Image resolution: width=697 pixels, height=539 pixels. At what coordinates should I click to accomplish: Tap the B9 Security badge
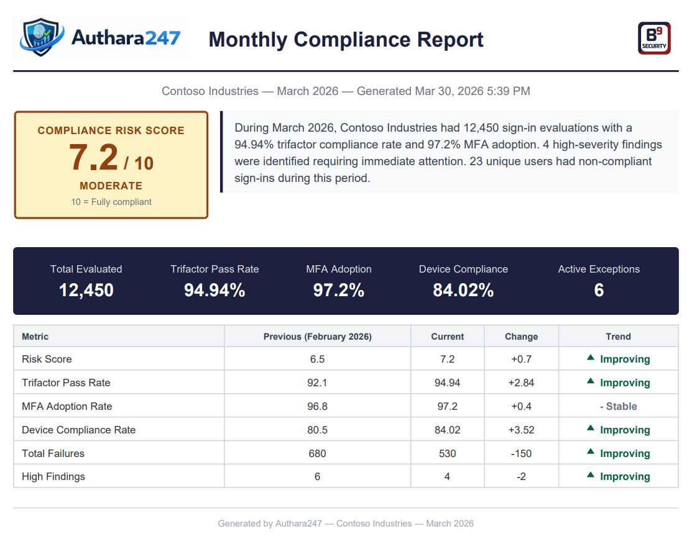[654, 38]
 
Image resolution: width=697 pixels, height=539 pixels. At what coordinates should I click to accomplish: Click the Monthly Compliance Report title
[346, 39]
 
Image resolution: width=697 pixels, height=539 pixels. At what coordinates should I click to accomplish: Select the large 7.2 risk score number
[93, 157]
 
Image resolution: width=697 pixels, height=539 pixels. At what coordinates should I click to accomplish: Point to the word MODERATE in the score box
[111, 186]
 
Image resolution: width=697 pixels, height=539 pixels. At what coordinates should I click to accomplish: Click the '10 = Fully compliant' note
[111, 202]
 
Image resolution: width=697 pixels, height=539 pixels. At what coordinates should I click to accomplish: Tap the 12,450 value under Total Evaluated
[86, 290]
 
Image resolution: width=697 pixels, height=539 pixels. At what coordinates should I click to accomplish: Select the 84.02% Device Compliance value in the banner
[463, 290]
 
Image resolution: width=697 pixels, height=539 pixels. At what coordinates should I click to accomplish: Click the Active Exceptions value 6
[599, 290]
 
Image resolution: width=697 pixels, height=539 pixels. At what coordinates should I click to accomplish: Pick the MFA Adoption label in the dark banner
[339, 269]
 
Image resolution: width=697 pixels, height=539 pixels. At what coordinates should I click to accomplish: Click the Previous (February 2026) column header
[317, 337]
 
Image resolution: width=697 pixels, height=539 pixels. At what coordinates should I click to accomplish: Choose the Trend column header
[618, 337]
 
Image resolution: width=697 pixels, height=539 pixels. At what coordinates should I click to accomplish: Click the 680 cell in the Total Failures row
[317, 453]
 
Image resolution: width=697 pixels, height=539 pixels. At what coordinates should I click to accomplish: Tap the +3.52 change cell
[521, 430]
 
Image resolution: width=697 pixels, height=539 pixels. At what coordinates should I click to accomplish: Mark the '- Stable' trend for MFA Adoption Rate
[618, 406]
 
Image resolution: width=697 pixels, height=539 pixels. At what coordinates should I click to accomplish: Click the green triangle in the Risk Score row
[591, 358]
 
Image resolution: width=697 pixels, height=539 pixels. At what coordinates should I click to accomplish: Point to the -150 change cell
[521, 453]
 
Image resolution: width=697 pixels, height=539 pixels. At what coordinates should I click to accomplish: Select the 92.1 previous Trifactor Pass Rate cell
[317, 383]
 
